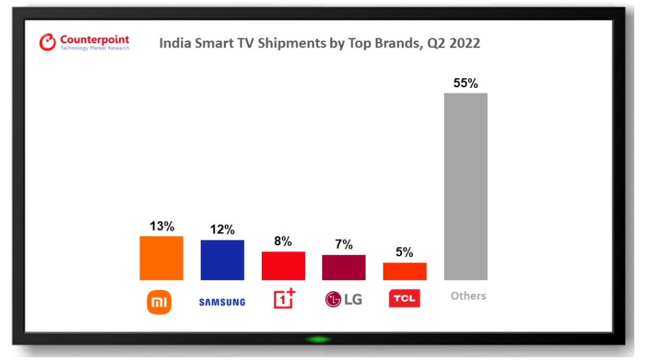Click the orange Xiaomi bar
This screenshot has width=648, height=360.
tap(161, 258)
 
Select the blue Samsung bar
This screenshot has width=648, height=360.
tap(222, 260)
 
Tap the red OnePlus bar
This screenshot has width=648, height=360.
tap(283, 265)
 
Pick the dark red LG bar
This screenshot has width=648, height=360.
tap(344, 267)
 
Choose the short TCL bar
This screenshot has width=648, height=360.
tap(405, 271)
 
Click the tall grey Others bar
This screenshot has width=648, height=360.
tap(465, 186)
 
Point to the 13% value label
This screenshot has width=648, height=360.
tap(161, 226)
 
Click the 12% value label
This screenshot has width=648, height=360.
tap(222, 229)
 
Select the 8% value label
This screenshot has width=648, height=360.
tap(283, 241)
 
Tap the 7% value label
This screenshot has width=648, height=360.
tap(344, 245)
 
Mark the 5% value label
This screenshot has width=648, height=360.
tap(405, 252)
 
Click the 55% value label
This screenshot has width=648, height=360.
tap(465, 83)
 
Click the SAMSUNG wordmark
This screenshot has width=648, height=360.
tap(222, 302)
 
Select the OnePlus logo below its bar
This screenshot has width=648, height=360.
tap(284, 298)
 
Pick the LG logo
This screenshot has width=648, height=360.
tap(344, 300)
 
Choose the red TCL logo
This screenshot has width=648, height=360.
tap(404, 299)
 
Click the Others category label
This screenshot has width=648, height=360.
tap(468, 296)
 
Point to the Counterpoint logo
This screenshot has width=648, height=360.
tap(85, 43)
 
